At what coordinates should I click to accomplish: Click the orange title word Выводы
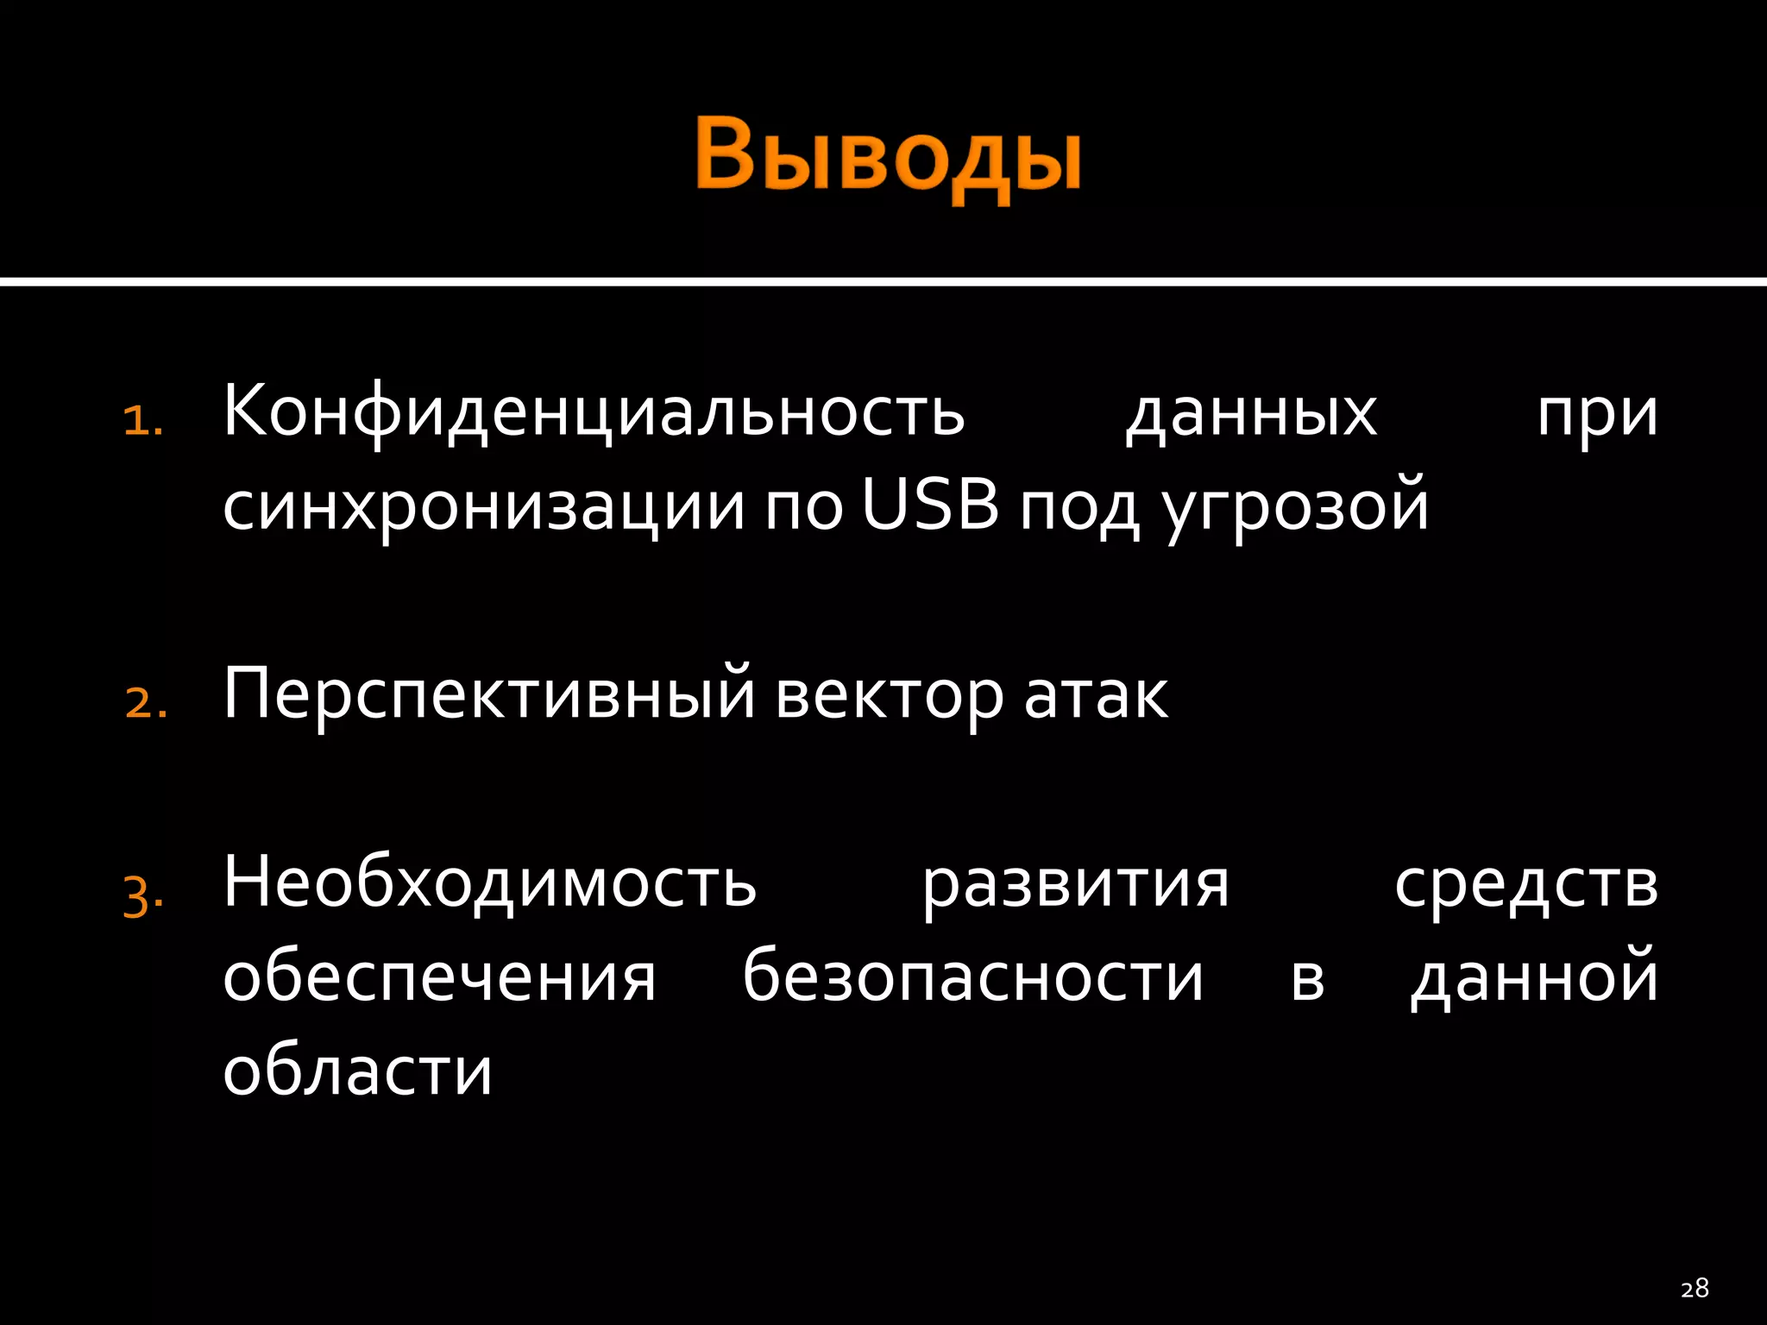(887, 158)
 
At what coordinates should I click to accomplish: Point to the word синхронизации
(483, 507)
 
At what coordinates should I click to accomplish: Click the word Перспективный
(489, 695)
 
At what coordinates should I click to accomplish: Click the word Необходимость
(489, 883)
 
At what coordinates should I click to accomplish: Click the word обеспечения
(439, 978)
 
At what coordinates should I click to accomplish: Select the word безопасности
(972, 978)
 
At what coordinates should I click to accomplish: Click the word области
(357, 1072)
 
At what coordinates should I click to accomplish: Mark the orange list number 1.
(142, 422)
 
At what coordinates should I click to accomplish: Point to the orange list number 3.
(142, 896)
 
